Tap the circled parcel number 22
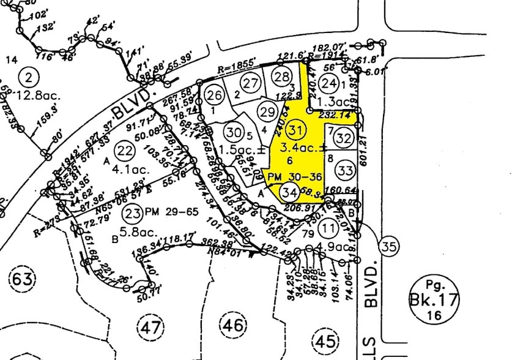(125, 151)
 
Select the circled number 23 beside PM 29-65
(132, 213)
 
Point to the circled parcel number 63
(22, 280)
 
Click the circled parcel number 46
(233, 325)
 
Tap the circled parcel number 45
(324, 340)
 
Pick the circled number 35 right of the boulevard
(388, 247)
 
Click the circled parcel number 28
(281, 77)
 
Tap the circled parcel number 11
(329, 228)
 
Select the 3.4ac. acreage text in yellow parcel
(298, 148)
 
